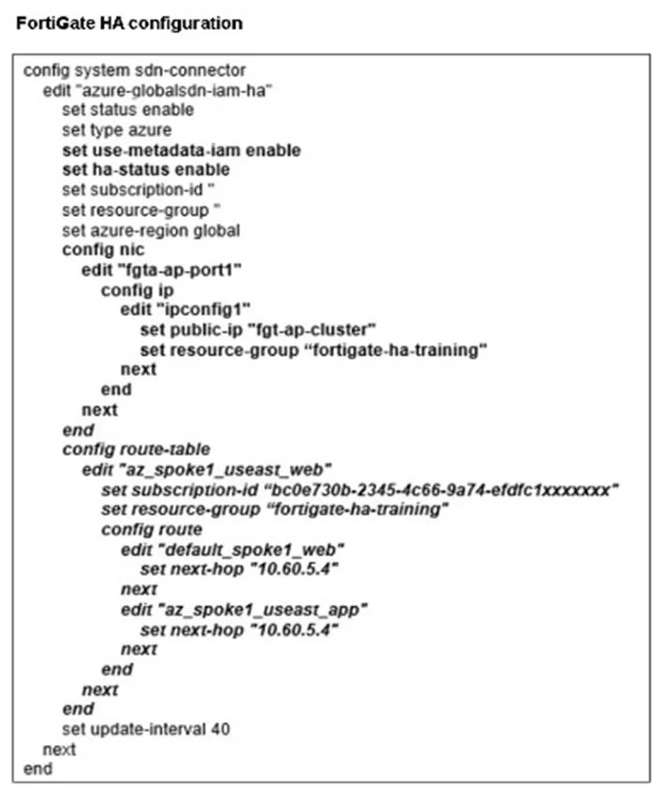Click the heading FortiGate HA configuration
[x=129, y=23]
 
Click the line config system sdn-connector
[x=135, y=70]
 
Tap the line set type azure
[x=116, y=130]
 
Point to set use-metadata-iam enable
[x=181, y=150]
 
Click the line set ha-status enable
[x=145, y=170]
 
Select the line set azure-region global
[x=151, y=231]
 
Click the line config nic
[x=103, y=250]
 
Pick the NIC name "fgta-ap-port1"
[x=179, y=270]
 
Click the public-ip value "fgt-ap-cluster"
[x=312, y=329]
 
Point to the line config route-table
[x=136, y=449]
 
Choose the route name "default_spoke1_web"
[x=250, y=550]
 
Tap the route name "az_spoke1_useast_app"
[x=262, y=610]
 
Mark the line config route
[x=152, y=530]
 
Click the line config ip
[x=137, y=290]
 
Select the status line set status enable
[x=127, y=110]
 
